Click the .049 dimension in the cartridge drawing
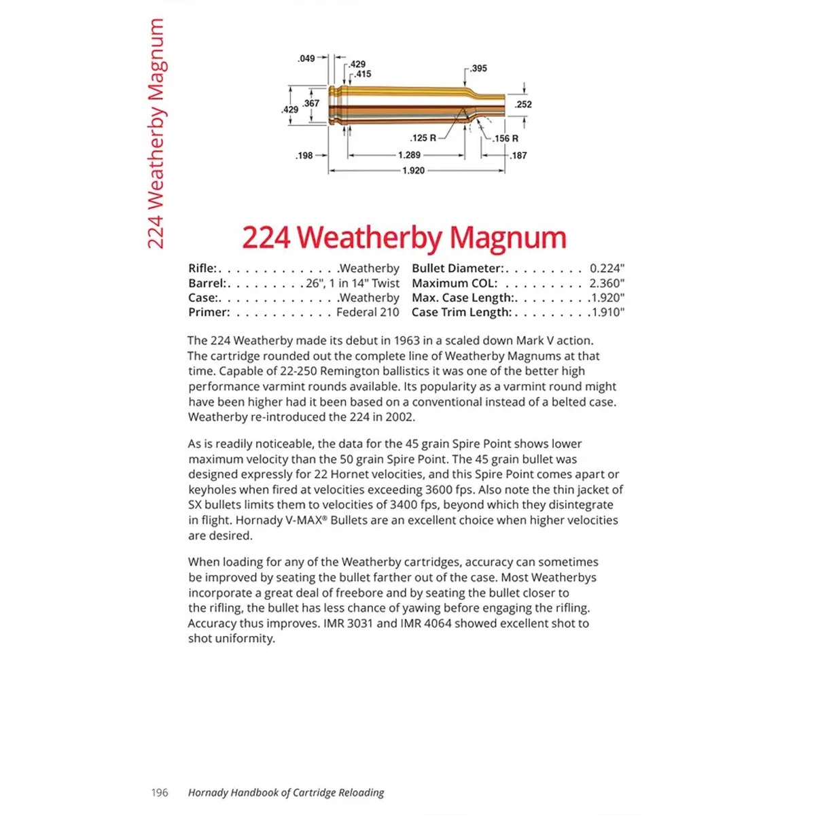(306, 58)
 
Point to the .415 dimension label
(363, 74)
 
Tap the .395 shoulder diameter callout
(478, 68)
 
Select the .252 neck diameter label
(523, 105)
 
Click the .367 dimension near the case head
(311, 103)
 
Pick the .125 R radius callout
(423, 138)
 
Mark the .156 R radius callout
(505, 139)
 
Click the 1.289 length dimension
(409, 155)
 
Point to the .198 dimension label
(304, 156)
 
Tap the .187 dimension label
(518, 156)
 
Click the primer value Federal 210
(368, 313)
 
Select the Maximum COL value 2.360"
(607, 283)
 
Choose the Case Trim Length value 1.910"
(607, 313)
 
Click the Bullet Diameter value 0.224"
(607, 268)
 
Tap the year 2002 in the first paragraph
(399, 417)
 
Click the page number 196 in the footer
(160, 793)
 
